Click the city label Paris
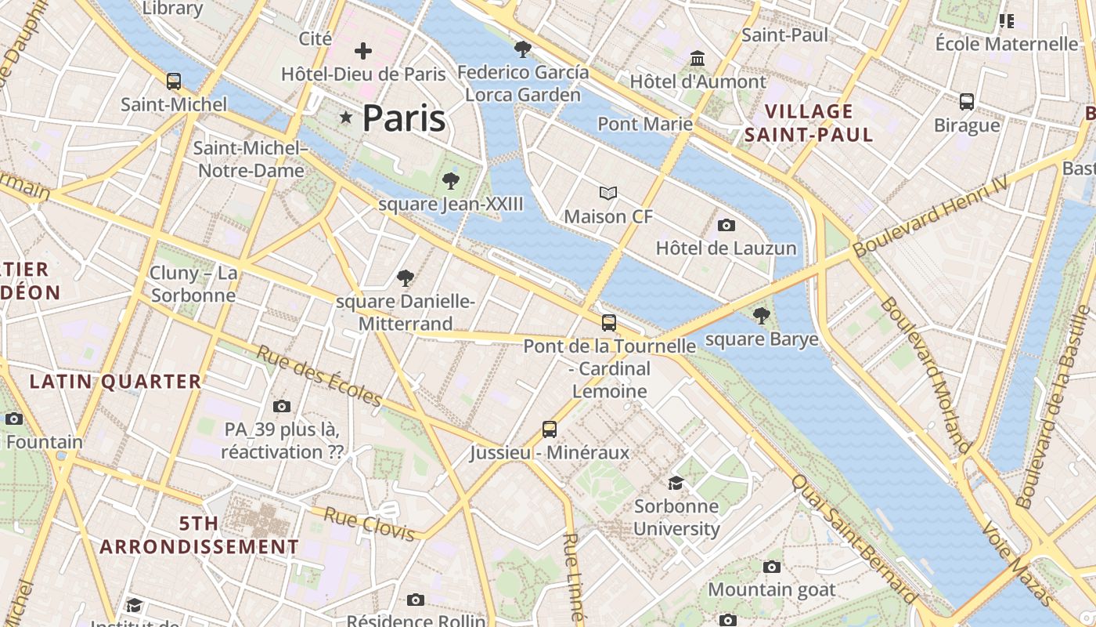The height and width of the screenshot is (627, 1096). tap(404, 118)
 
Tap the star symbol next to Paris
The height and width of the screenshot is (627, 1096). tap(345, 118)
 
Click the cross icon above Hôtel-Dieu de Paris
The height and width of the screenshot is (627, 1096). tap(363, 52)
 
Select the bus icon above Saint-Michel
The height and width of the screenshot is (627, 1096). tap(174, 81)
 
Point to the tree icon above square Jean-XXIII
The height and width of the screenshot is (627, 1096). tap(450, 181)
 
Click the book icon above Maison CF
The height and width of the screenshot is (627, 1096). tap(608, 193)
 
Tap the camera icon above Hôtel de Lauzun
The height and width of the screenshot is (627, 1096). tap(726, 226)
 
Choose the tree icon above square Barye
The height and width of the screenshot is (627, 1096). tap(760, 316)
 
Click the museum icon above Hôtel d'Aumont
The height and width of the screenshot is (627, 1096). tap(698, 58)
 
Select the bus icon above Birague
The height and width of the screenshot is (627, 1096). tap(967, 101)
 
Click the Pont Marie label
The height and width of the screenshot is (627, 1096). tap(645, 124)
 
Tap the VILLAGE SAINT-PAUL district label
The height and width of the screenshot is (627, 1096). tap(809, 123)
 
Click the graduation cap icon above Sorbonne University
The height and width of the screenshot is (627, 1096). tap(676, 483)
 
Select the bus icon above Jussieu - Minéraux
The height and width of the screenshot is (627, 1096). tap(550, 429)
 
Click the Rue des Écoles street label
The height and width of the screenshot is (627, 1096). tap(319, 376)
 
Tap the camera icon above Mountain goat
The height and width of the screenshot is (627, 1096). tap(772, 567)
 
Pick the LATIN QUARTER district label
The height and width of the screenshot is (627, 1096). tap(116, 382)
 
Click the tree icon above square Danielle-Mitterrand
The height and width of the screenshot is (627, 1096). tap(406, 277)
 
